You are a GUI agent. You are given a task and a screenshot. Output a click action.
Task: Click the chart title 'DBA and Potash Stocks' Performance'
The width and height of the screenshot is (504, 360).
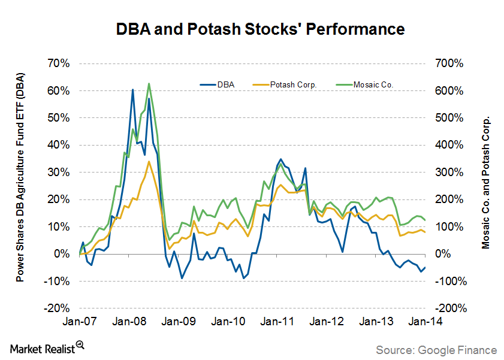click(252, 29)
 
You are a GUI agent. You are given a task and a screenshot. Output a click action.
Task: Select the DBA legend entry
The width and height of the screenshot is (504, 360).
click(226, 85)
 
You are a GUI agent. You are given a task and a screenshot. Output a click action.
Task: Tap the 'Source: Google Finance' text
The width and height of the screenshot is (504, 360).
click(436, 349)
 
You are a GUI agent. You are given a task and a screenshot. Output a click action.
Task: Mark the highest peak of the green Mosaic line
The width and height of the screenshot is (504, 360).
click(149, 83)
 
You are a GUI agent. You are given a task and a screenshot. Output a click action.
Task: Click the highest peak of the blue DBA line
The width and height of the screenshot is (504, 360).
click(132, 89)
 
